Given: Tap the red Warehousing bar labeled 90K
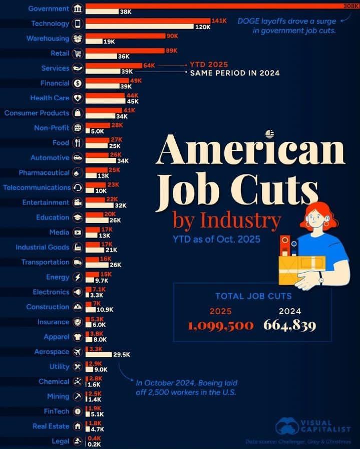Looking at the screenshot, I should click(125, 36).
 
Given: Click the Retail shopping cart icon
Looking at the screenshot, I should click(78, 54).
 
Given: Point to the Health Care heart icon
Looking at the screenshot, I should click(78, 98).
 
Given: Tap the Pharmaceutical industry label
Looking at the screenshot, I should click(44, 172).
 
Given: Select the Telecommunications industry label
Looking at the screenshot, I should click(37, 187).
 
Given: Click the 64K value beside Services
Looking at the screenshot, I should click(149, 65).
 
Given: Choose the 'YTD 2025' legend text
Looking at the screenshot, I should click(208, 65).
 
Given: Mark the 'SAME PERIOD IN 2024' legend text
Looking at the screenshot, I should click(234, 73).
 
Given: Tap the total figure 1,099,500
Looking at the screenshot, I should click(221, 326).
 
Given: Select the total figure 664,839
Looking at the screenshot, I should click(290, 326).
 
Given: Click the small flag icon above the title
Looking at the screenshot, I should click(270, 133).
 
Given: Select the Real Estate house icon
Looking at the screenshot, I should click(78, 426).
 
